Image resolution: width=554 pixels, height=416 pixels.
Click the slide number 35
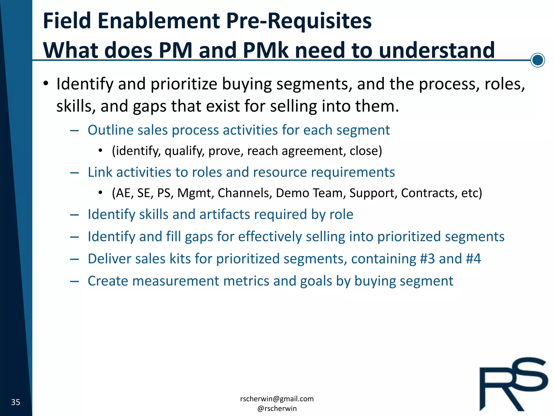pyautogui.click(x=16, y=402)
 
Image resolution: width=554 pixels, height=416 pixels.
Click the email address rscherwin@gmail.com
pyautogui.click(x=277, y=399)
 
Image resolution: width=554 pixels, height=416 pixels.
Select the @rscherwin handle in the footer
pyautogui.click(x=277, y=408)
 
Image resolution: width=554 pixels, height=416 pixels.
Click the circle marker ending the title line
pyautogui.click(x=537, y=60)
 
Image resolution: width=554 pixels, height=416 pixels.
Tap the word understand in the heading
pyautogui.click(x=437, y=50)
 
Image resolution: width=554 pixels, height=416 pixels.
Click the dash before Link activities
pyautogui.click(x=74, y=173)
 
